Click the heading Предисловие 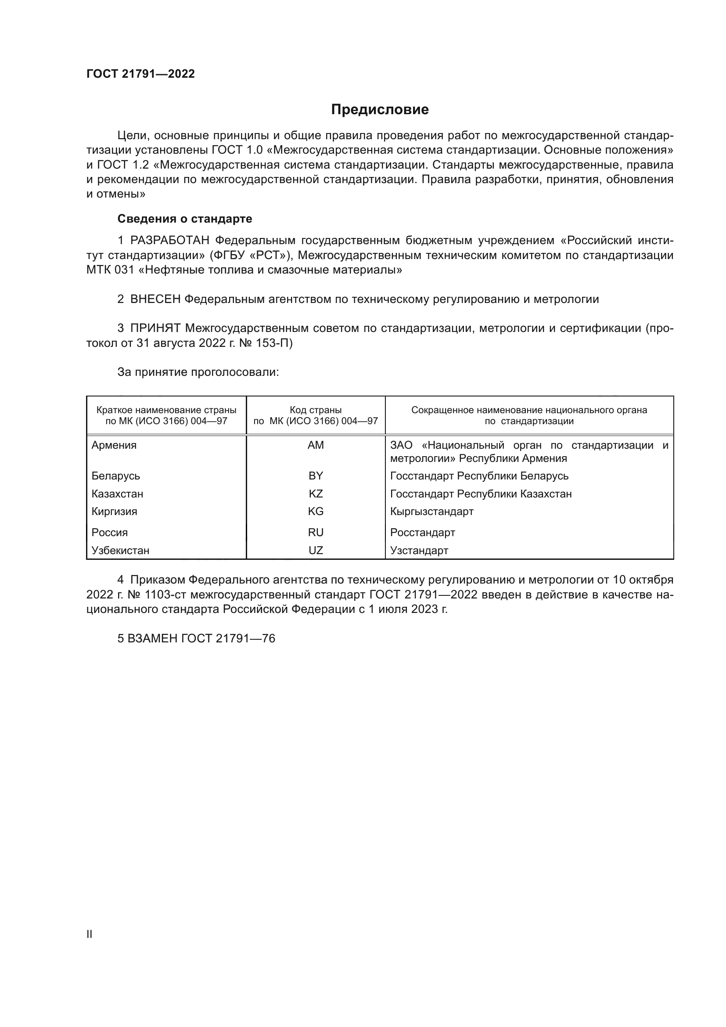380,110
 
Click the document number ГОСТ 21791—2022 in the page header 140,74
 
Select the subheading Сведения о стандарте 185,219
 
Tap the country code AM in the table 316,445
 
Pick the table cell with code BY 316,476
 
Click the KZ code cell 316,494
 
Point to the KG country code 316,511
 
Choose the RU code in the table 316,532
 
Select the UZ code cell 316,550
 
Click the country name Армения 114,445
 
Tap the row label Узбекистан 120,550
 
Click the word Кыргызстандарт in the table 431,511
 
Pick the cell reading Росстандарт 422,532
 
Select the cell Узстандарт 419,550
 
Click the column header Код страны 316,410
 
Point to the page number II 90,934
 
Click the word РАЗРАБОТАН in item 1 169,241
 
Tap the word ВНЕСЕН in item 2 155,299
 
